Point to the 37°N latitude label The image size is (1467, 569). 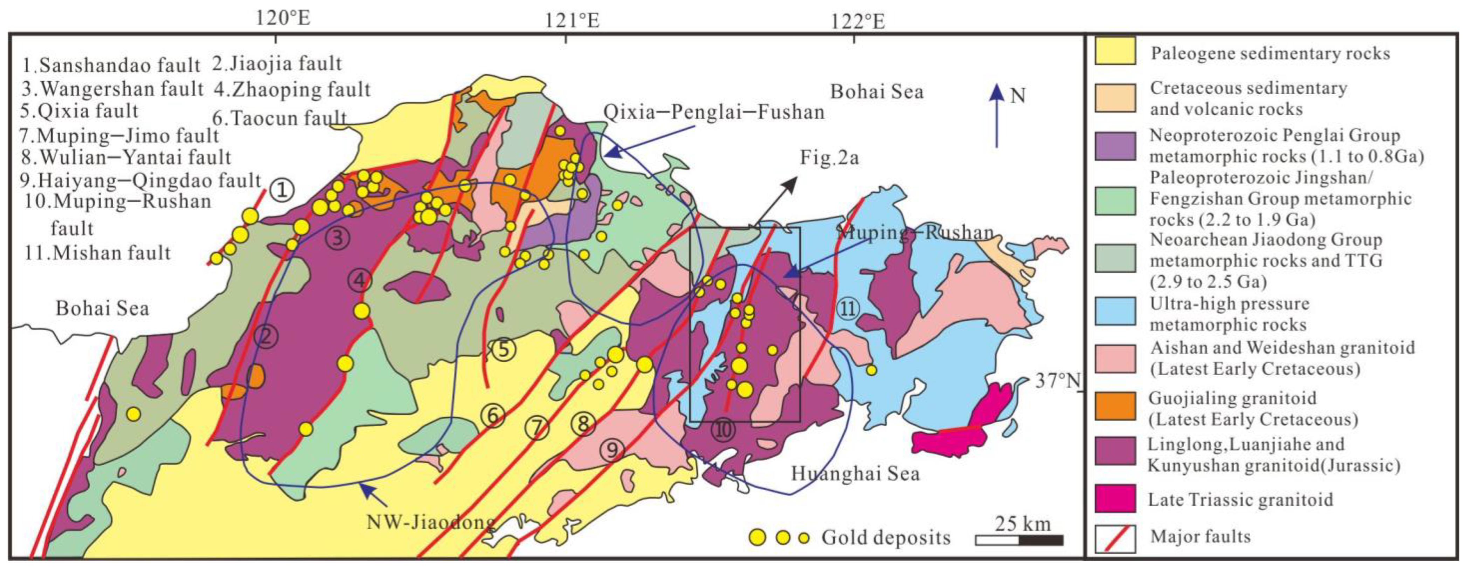click(1057, 381)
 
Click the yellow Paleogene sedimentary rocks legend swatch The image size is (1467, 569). click(1114, 51)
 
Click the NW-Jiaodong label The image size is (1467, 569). click(430, 522)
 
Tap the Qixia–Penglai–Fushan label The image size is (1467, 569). click(714, 112)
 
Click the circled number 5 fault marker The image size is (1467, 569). click(504, 349)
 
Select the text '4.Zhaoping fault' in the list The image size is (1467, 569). click(292, 89)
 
